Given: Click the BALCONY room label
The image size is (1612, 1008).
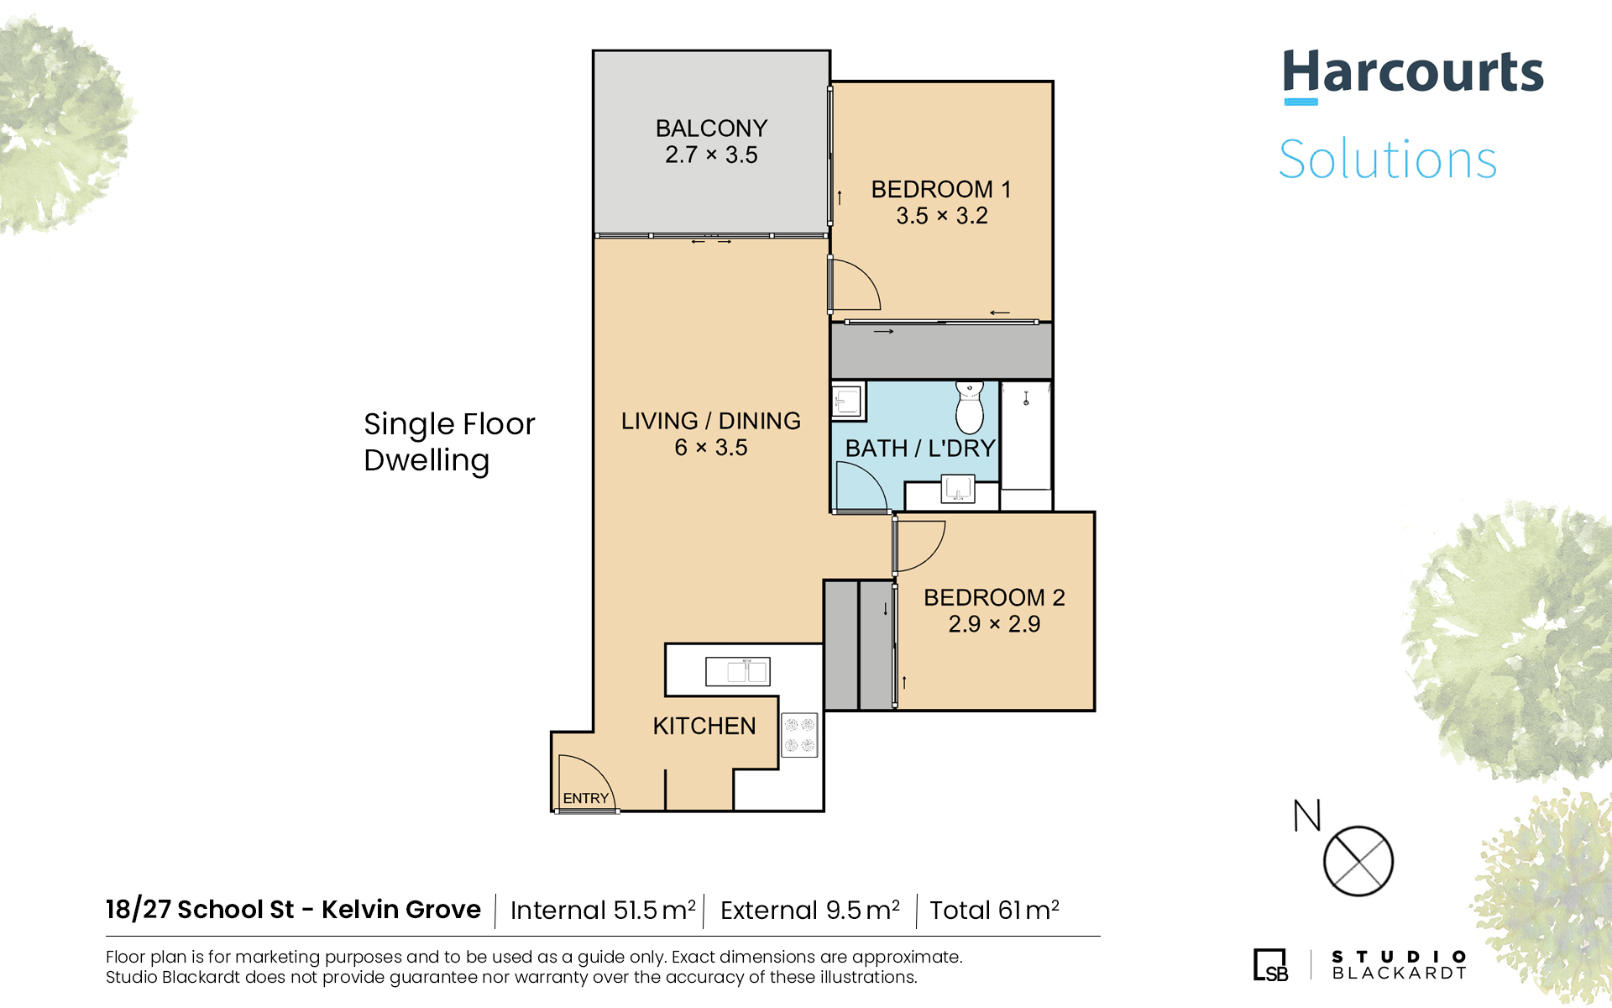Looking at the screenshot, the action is [711, 129].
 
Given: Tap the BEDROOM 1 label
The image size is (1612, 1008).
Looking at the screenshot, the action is [941, 189].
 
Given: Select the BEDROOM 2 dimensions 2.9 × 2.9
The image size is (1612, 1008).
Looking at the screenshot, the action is [994, 624].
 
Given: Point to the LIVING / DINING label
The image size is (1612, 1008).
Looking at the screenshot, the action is [711, 421].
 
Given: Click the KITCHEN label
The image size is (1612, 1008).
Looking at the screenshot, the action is [704, 726].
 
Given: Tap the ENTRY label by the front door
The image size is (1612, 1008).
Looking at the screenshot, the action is [586, 798].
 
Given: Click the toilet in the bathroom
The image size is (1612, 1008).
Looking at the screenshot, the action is [970, 407].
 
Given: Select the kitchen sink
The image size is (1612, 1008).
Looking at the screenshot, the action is [738, 672].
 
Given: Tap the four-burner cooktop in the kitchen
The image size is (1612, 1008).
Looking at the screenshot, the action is [799, 735].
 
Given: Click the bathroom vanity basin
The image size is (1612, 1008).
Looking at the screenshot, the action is [958, 488].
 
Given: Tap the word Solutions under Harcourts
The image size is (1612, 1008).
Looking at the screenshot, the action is [1388, 160].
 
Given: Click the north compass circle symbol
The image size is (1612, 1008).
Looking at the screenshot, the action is [1358, 861].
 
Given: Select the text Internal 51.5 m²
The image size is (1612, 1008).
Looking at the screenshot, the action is [603, 910].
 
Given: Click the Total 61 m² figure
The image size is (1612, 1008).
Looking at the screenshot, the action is [994, 910].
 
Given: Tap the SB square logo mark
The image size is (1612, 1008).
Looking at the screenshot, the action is [1270, 964].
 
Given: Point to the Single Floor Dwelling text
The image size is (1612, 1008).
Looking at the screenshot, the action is [449, 443].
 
